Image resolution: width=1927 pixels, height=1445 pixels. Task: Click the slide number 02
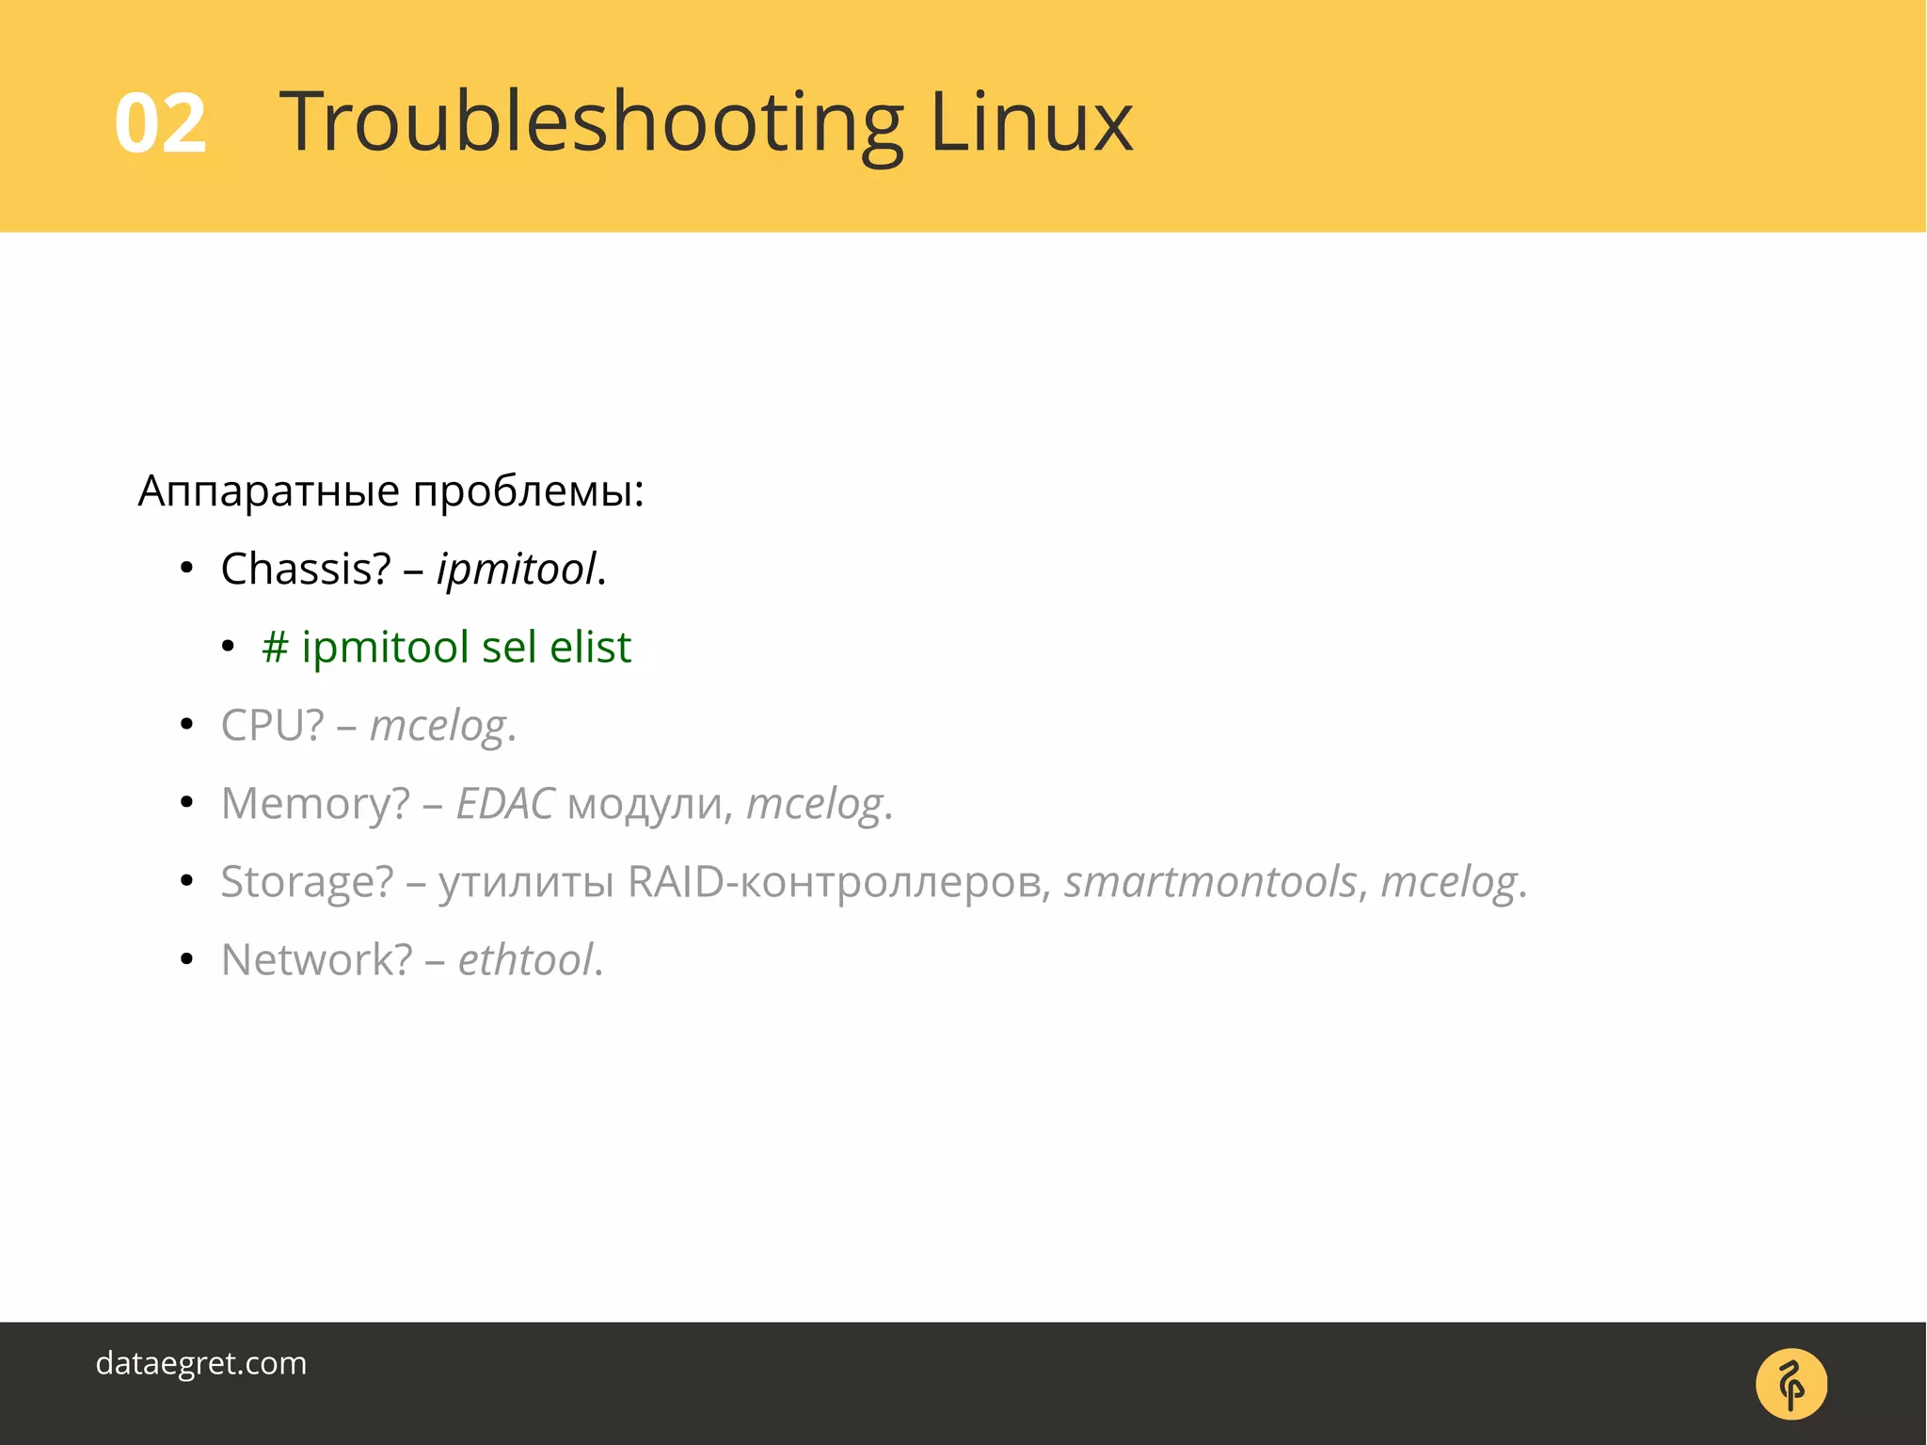click(x=160, y=123)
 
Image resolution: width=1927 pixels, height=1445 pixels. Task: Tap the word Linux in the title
click(x=1031, y=121)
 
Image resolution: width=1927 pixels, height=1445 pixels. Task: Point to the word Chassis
click(x=305, y=569)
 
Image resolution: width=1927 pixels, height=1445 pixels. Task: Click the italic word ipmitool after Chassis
click(x=517, y=570)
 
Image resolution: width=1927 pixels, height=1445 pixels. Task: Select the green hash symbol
click(x=275, y=648)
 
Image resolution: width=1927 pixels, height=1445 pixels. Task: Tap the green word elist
click(x=590, y=647)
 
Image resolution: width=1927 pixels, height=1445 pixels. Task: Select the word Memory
click(x=315, y=803)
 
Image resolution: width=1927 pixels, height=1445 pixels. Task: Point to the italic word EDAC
click(x=505, y=803)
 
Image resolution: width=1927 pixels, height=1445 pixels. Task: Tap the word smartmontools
click(x=1210, y=882)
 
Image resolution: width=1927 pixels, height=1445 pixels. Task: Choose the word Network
click(x=316, y=960)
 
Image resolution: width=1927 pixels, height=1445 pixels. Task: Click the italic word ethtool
click(x=525, y=960)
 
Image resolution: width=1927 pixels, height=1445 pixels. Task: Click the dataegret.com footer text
click(x=201, y=1363)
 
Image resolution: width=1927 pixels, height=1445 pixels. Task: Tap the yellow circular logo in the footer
click(x=1791, y=1384)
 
